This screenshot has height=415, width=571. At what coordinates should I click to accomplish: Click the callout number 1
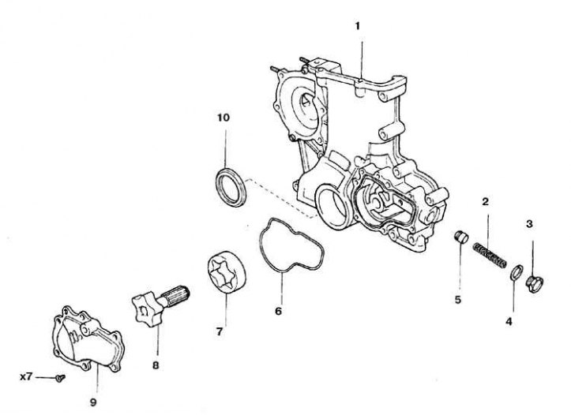tap(358, 25)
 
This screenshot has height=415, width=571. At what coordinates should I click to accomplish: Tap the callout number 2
tap(486, 202)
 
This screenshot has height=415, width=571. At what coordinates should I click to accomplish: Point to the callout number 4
tap(509, 321)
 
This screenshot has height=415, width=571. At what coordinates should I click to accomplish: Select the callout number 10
tap(224, 118)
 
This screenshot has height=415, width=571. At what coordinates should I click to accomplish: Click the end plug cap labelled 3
tap(534, 279)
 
